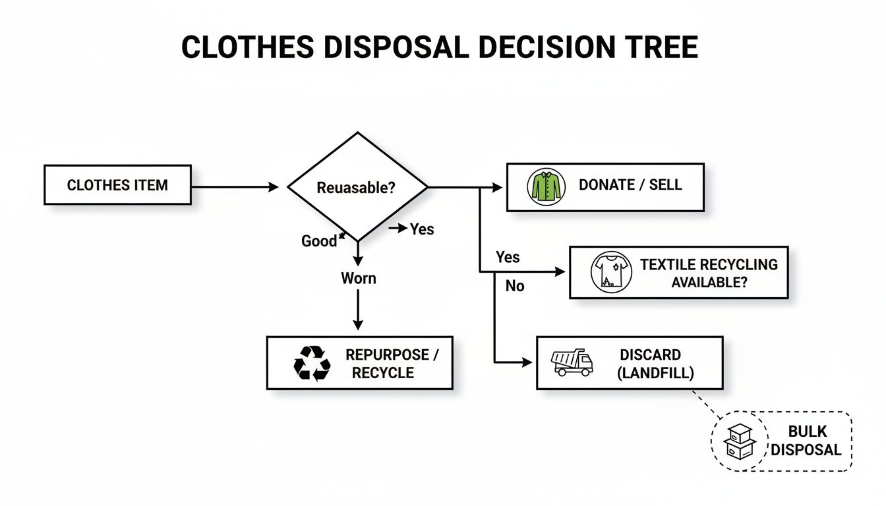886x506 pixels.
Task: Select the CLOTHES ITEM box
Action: coord(117,185)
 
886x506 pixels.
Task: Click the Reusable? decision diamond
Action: coord(357,187)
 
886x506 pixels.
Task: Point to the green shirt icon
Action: coord(546,186)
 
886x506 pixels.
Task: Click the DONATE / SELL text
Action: coord(630,185)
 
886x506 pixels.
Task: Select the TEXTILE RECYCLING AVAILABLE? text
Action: coord(709,273)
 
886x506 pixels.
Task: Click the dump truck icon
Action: coord(572,362)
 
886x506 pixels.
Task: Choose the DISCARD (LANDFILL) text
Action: coord(655,364)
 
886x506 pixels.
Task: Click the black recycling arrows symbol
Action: coord(312,363)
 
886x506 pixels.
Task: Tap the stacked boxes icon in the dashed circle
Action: coord(738,441)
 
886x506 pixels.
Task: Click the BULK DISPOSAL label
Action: coord(806,441)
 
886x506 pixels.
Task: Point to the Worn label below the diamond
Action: coord(358,278)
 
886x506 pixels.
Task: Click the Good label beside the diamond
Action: coord(319,241)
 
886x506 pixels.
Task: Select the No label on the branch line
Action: coord(515,287)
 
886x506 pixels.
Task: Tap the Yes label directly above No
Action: coord(508,257)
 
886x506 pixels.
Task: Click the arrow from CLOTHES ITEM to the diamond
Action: coord(235,187)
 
